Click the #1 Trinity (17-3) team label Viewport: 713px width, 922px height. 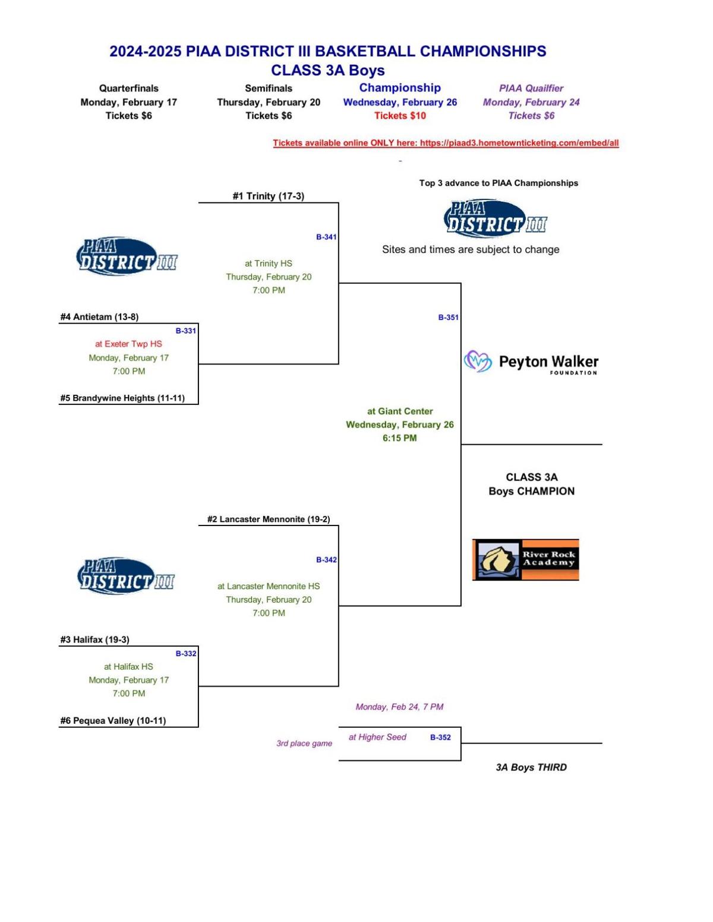269,196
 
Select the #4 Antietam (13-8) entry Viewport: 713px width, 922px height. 99,316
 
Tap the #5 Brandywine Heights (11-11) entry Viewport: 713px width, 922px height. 122,398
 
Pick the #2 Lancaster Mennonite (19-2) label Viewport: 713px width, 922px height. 269,519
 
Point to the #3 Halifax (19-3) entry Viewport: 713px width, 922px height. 94,639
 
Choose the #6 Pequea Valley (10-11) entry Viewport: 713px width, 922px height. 113,721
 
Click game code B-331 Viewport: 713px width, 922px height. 186,331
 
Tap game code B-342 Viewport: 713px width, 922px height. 327,560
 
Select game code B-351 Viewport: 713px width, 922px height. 449,317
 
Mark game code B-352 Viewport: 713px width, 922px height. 440,737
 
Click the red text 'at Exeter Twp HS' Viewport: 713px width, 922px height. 129,344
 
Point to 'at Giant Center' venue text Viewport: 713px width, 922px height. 400,411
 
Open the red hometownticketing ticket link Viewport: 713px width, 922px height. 446,143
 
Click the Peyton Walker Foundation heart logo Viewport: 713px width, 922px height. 478,361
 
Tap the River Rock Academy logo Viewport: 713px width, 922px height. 526,560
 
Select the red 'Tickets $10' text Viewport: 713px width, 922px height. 400,116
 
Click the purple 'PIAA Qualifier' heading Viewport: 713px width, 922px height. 531,88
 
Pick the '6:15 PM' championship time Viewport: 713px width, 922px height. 400,438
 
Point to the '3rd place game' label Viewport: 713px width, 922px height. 304,743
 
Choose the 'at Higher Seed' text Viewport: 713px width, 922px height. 377,737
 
